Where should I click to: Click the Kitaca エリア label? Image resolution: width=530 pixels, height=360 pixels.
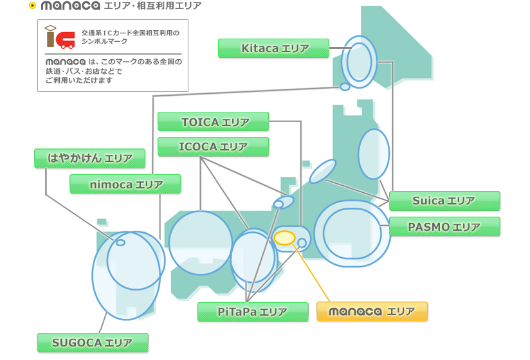[273, 48]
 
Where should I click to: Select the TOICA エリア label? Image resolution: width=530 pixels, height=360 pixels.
[213, 122]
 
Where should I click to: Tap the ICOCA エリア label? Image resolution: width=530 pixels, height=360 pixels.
[213, 147]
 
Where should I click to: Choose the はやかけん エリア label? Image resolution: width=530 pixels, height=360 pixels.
[89, 158]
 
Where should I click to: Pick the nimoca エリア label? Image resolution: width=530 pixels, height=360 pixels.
[125, 184]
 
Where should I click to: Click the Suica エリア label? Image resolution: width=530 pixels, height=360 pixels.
[444, 201]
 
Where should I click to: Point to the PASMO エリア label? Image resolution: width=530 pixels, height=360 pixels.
[444, 227]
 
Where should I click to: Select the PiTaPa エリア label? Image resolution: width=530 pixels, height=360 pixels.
[252, 312]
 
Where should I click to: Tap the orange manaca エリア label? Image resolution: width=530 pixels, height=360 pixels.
[372, 312]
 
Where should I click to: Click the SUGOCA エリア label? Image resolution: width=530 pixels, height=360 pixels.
[93, 343]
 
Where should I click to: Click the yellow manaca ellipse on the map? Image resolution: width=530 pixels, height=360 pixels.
[284, 238]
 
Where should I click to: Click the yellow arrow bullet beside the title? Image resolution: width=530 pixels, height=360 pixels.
[32, 6]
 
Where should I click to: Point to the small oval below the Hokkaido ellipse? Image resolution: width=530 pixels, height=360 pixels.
[345, 86]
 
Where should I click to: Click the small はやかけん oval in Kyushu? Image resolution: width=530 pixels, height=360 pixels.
[120, 242]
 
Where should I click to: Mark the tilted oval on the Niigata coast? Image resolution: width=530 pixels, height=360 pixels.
[323, 171]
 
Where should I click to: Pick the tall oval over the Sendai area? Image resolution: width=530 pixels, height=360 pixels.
[374, 154]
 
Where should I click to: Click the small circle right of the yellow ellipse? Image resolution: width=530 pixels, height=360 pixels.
[302, 242]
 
